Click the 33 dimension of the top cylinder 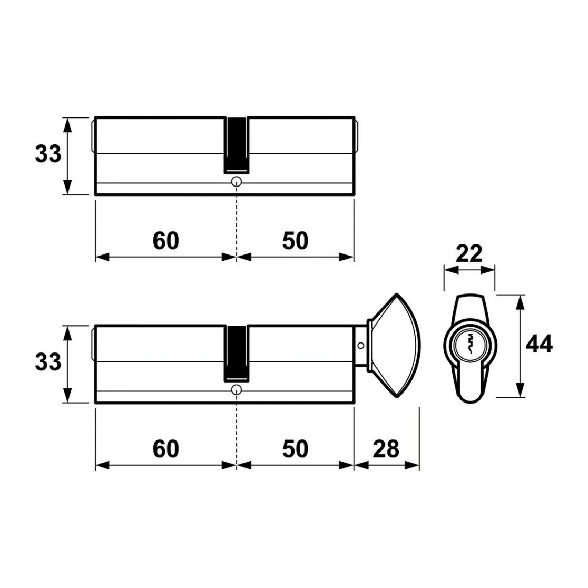(x=48, y=154)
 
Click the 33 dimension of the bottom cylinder (x=48, y=362)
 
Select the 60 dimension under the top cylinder (x=166, y=241)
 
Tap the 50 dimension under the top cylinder (x=295, y=241)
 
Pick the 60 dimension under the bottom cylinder (x=166, y=449)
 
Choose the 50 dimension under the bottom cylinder (x=295, y=449)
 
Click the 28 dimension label (x=386, y=449)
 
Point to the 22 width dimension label (x=469, y=254)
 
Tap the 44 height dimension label (x=539, y=344)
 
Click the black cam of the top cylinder (x=236, y=145)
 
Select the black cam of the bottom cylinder (x=236, y=354)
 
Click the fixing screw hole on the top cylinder (x=237, y=182)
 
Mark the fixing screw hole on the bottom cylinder (x=237, y=390)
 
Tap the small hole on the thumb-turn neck (x=361, y=346)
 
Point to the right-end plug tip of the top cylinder (x=357, y=136)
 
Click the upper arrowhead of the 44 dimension (x=520, y=302)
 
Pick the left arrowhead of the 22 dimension (x=452, y=270)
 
